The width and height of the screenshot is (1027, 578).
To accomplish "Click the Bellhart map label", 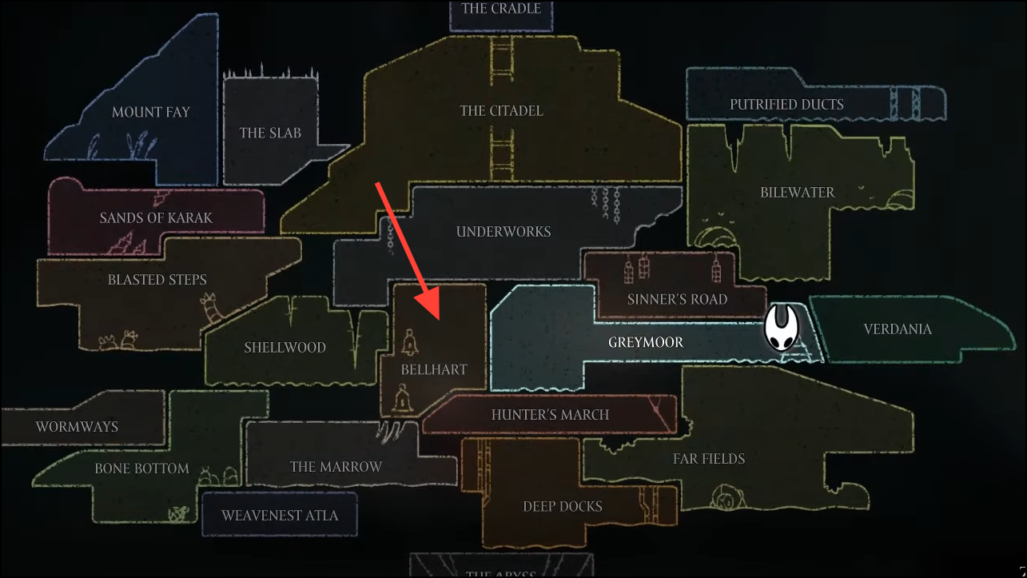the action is [x=433, y=369].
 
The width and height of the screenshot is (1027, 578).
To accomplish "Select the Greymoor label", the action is [x=646, y=342].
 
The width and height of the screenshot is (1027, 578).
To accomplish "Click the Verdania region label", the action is [x=898, y=329].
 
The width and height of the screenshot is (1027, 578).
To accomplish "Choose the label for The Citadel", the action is [x=501, y=110].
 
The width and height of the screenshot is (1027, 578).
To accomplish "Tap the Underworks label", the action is [x=504, y=232].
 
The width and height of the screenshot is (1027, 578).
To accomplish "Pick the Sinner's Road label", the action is [x=677, y=299].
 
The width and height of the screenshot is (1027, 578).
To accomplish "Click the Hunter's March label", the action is [x=550, y=414].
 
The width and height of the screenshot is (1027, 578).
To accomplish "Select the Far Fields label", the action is [x=708, y=458].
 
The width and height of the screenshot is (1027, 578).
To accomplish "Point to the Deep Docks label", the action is [x=563, y=506].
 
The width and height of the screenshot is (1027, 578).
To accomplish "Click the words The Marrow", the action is [x=336, y=466].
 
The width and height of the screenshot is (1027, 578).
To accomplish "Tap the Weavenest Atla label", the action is [x=280, y=515].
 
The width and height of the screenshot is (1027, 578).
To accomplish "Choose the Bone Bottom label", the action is [x=141, y=468].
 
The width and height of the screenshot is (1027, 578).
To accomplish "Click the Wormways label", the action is [x=77, y=427].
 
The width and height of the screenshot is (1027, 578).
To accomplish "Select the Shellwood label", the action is [x=285, y=348].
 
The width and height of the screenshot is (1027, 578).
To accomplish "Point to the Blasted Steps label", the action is [x=157, y=280].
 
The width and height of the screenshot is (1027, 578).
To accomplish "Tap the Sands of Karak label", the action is [x=156, y=217].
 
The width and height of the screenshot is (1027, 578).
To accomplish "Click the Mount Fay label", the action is [x=151, y=112].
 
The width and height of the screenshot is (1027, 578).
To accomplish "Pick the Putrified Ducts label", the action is [x=786, y=104].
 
